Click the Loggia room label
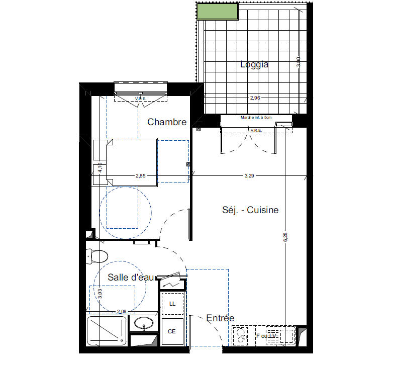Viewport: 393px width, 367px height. coord(254,64)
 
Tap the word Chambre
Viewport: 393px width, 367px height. coord(167,122)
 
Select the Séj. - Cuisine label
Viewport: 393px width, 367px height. coord(250,210)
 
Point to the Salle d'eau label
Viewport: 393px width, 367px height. coord(130,277)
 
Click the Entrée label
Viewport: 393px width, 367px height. coord(220,318)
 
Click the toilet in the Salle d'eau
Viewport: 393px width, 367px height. coord(97,256)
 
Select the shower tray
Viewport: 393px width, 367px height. coord(107,330)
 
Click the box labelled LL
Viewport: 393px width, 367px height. coord(172,304)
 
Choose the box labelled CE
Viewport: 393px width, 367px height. coord(172,331)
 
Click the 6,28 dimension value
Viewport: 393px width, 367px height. coord(285,237)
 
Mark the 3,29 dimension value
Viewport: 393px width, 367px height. coord(249,176)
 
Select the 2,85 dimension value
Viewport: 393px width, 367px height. coord(141,176)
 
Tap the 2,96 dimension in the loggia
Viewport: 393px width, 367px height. coord(255,98)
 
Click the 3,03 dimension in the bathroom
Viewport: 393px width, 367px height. coord(100,293)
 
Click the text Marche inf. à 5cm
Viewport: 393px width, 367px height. coord(256,118)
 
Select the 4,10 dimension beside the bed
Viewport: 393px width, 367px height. coord(100,167)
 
